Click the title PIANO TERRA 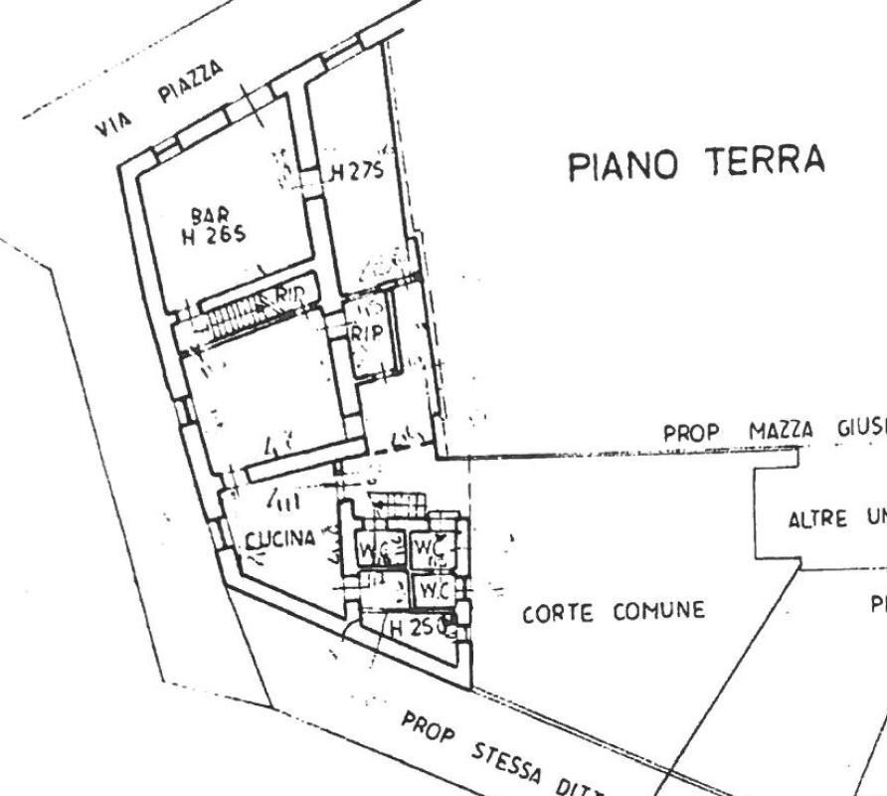coord(696,162)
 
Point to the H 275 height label coord(356,172)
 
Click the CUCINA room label coord(280,539)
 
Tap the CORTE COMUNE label coord(614,612)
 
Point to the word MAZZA coord(781,431)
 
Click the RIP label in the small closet coord(366,334)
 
